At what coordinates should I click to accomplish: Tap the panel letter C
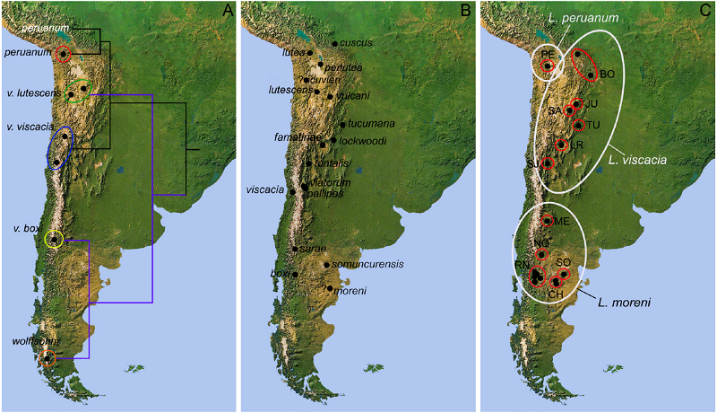[x=705, y=11]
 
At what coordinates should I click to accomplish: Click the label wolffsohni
[x=36, y=342]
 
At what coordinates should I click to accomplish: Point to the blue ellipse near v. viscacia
[x=61, y=147]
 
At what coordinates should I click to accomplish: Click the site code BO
[x=607, y=74]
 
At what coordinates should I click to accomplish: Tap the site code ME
[x=562, y=221]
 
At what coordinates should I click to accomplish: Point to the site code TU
[x=592, y=125]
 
